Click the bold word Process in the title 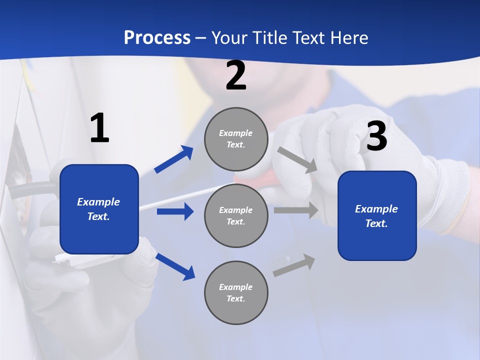(x=157, y=38)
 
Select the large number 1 (x=99, y=128)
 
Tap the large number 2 (x=236, y=76)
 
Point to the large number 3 (x=376, y=136)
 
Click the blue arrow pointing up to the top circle (x=174, y=159)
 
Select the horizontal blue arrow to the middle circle (x=175, y=211)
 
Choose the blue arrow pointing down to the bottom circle (x=175, y=266)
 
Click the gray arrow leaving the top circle (x=297, y=159)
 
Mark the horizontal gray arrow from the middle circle (x=296, y=210)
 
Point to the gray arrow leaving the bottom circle (x=294, y=265)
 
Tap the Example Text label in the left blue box (x=98, y=209)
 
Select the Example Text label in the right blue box (x=376, y=216)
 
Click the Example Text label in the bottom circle (x=236, y=293)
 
